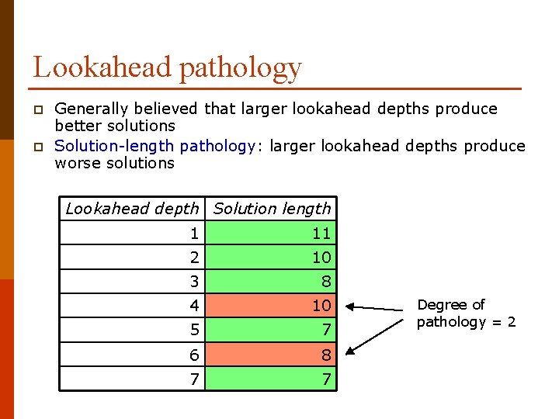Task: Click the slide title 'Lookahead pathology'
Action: coord(167,68)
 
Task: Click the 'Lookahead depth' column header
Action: coord(132,209)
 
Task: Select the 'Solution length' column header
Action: coord(272,209)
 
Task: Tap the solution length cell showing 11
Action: coord(272,233)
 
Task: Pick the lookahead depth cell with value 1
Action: coord(132,233)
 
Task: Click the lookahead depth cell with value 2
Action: coord(132,257)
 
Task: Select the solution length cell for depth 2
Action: coord(272,257)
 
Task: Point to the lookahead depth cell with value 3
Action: coord(132,281)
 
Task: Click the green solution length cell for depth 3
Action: coord(272,281)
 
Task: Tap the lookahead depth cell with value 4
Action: coord(132,306)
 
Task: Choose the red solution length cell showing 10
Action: coord(272,306)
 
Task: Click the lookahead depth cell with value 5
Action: coord(132,330)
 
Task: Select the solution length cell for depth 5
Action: coord(272,330)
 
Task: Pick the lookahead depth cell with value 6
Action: coord(132,355)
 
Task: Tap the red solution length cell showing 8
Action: coord(272,355)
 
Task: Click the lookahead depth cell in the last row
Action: coord(132,379)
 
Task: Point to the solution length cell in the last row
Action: coord(272,379)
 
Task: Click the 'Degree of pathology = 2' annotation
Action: coord(466,313)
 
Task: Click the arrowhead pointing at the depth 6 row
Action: coord(349,351)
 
